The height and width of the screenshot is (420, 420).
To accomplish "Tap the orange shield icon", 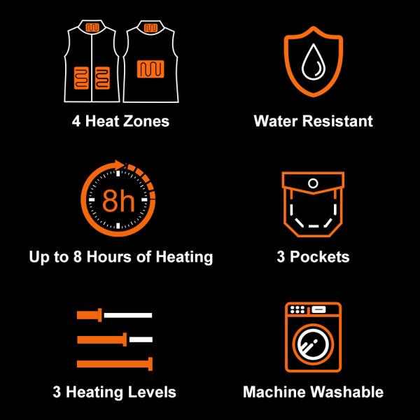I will tap(313, 62).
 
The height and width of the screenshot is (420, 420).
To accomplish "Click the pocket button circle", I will tap(313, 184).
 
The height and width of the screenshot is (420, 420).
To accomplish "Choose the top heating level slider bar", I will tap(115, 315).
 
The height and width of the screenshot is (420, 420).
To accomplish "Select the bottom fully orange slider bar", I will tap(115, 363).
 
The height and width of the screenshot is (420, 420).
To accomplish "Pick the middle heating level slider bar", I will tap(115, 339).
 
